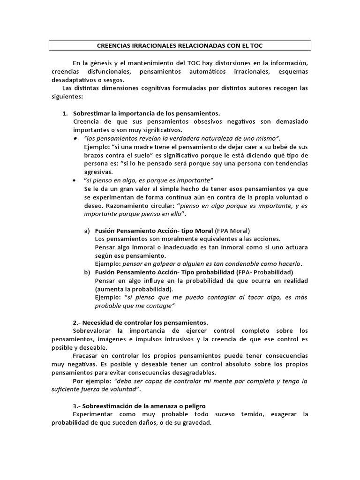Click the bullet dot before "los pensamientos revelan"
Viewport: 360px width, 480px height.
click(x=76, y=139)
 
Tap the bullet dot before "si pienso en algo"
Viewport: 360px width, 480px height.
click(x=76, y=180)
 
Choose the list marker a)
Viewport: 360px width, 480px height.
click(x=87, y=231)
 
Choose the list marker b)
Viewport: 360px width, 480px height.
click(x=87, y=272)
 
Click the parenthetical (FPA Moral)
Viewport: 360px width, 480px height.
click(x=232, y=231)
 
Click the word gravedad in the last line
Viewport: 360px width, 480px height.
click(x=197, y=422)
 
